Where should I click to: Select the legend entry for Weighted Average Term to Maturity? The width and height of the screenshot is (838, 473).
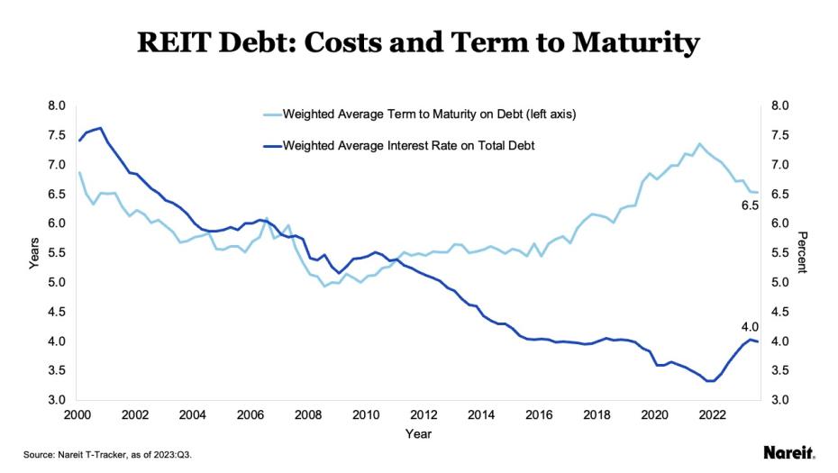pos(429,114)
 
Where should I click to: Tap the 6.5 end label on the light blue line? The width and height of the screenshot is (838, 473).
pos(750,205)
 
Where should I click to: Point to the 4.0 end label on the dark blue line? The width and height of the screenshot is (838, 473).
pos(750,326)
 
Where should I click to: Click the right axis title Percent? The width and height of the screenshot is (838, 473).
pos(803,252)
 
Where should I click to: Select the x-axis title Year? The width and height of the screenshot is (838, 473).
pos(418,434)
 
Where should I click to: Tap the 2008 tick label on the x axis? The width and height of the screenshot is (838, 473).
pos(308,414)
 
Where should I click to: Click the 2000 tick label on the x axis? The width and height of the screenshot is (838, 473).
pos(78,414)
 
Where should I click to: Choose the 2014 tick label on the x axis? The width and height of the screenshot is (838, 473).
pos(480,414)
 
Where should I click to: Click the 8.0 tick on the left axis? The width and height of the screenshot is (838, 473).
pos(56,105)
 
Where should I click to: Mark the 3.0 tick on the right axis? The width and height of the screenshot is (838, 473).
pos(780,400)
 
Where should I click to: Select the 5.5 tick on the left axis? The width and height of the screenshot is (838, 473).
pos(56,253)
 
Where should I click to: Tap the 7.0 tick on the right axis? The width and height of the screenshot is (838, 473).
pos(780,165)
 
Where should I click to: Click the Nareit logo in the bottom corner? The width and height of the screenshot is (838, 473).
pos(789,451)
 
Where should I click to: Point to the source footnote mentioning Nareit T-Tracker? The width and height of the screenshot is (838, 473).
pos(107,455)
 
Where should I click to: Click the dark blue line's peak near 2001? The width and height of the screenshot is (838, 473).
pos(100,128)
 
